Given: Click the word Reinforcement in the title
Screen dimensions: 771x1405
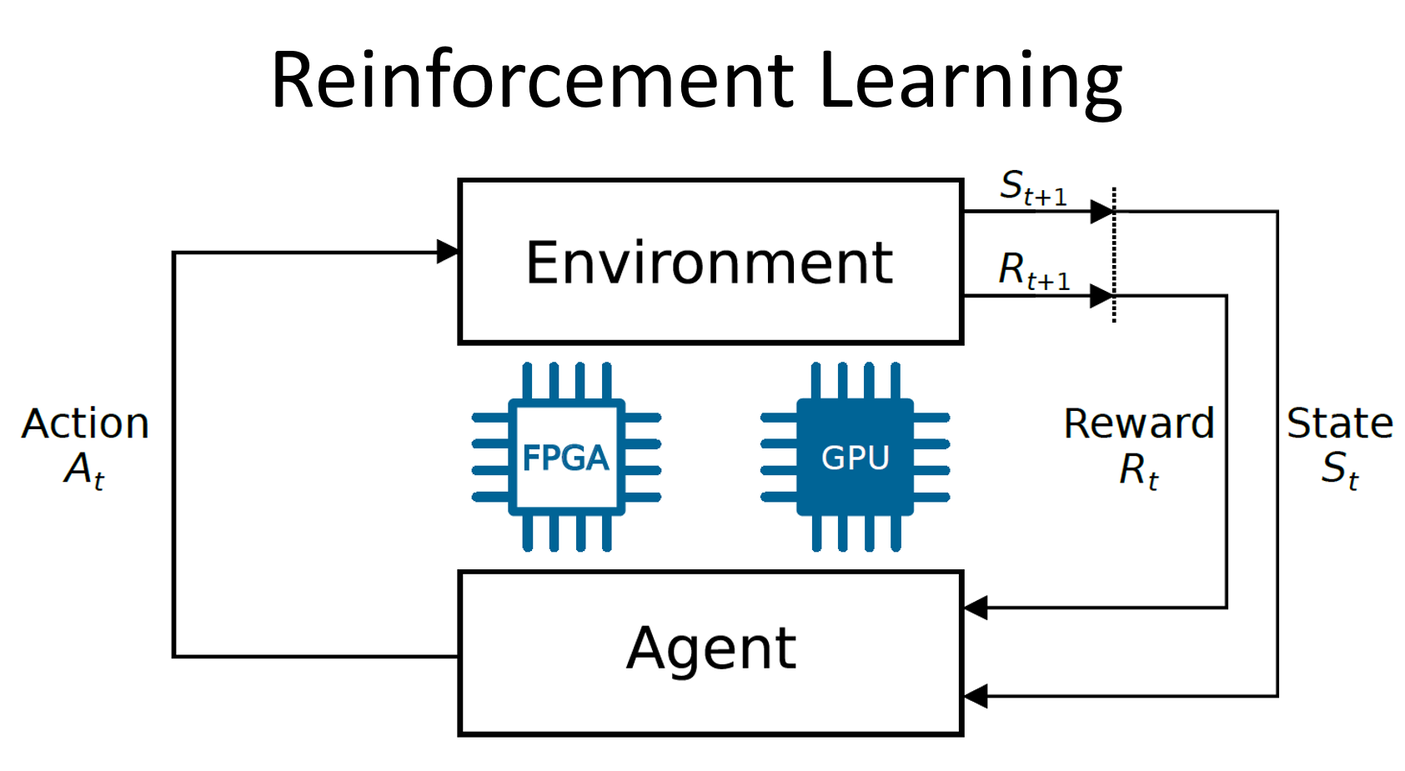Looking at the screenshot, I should pos(532,81).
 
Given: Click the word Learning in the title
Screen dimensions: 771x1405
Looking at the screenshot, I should pos(971,81).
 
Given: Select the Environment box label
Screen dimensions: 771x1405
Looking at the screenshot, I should pos(710,263).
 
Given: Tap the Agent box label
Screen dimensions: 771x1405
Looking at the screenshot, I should pos(711,648).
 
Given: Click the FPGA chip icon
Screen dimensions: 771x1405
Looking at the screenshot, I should pos(567,457).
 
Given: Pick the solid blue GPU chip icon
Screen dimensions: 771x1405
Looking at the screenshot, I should pos(856,457).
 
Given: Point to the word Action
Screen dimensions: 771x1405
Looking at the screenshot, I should pos(86,423).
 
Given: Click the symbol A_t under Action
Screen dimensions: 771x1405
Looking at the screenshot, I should pos(84,470).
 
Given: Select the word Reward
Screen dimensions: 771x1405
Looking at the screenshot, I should pos(1139,423).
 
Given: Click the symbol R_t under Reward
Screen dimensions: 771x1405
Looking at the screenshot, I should pos(1139,470).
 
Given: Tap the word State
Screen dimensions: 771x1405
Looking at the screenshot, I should pos(1340,423).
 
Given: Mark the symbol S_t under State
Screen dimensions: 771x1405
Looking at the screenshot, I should pos(1340,470).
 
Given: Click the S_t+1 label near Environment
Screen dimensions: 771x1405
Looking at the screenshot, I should pos(1033,188).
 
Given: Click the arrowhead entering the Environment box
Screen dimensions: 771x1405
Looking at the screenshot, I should pos(448,252).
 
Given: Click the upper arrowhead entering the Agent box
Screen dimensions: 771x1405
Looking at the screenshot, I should pos(976,608).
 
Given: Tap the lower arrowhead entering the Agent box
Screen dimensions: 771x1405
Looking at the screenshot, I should pos(976,696).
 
